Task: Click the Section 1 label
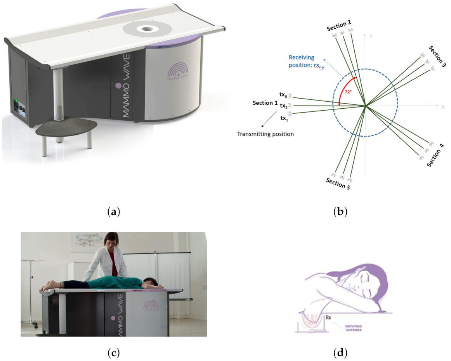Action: coord(265,103)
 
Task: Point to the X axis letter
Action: coord(443,106)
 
